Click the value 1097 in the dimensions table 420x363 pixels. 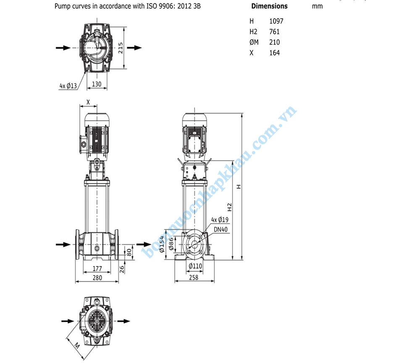point(276,21)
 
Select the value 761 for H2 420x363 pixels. point(274,32)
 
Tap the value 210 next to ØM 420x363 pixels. point(275,42)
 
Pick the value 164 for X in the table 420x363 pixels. point(275,53)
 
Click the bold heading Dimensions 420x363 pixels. point(269,6)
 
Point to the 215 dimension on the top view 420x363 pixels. point(121,48)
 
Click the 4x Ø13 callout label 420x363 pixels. point(68,86)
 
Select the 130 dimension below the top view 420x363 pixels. point(97,84)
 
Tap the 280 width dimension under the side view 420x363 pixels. point(97,278)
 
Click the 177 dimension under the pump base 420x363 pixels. point(97,268)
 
